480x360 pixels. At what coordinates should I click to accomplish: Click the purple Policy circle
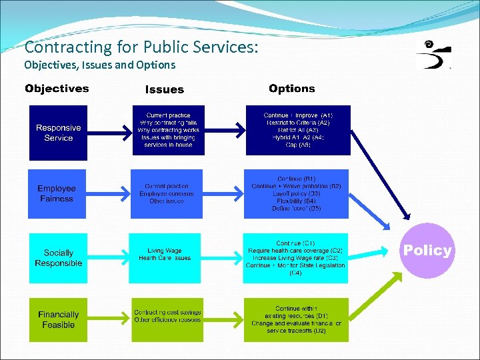pyautogui.click(x=427, y=251)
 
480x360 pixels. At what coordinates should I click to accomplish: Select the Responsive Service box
pyautogui.click(x=58, y=133)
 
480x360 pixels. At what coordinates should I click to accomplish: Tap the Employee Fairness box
pyautogui.click(x=57, y=194)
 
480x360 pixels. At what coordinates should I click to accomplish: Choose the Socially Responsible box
pyautogui.click(x=58, y=258)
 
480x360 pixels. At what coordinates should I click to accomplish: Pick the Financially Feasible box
pyautogui.click(x=58, y=319)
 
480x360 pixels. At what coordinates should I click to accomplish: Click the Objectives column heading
pyautogui.click(x=57, y=89)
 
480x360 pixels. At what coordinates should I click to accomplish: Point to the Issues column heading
pyautogui.click(x=164, y=89)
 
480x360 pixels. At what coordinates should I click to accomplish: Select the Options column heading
pyautogui.click(x=292, y=88)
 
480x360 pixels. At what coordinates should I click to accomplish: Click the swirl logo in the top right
pyautogui.click(x=433, y=55)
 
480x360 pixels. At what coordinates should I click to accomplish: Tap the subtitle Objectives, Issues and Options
pyautogui.click(x=100, y=65)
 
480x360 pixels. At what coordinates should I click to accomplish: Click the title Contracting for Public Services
pyautogui.click(x=141, y=47)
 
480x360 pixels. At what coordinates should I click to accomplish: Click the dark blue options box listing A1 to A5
pyautogui.click(x=297, y=130)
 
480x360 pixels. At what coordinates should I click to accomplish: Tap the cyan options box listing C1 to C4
pyautogui.click(x=296, y=258)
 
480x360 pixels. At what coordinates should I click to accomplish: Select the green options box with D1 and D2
pyautogui.click(x=296, y=320)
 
